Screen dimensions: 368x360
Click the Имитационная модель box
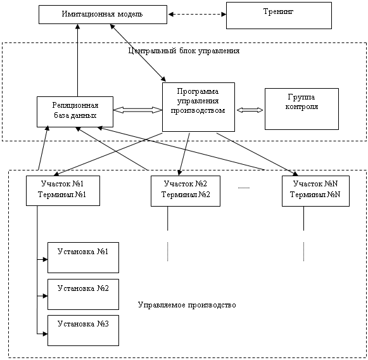pos(103,15)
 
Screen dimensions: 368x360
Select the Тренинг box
pos(279,15)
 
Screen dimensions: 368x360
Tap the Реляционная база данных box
pos(75,112)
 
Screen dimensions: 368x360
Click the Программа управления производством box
pos(198,107)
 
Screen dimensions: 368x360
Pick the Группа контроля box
pos(302,109)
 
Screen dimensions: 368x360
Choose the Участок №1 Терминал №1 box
pos(63,191)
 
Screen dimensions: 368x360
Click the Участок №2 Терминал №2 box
pos(186,191)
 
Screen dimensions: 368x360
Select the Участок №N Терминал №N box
pos(315,191)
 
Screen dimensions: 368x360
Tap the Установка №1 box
pos(84,257)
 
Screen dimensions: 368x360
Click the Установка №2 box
pos(84,294)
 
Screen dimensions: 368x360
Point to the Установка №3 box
pos(84,330)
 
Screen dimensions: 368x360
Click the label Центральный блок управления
pos(184,51)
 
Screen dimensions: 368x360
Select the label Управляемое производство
pos(187,305)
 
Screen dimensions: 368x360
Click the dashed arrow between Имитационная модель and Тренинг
pos(197,15)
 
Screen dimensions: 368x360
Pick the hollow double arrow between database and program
pos(138,110)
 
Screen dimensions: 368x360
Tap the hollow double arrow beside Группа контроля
pos(250,110)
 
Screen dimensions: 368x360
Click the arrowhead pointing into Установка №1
pos(45,259)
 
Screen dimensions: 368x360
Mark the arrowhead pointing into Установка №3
pos(45,334)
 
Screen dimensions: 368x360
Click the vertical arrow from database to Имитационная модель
pos(78,60)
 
